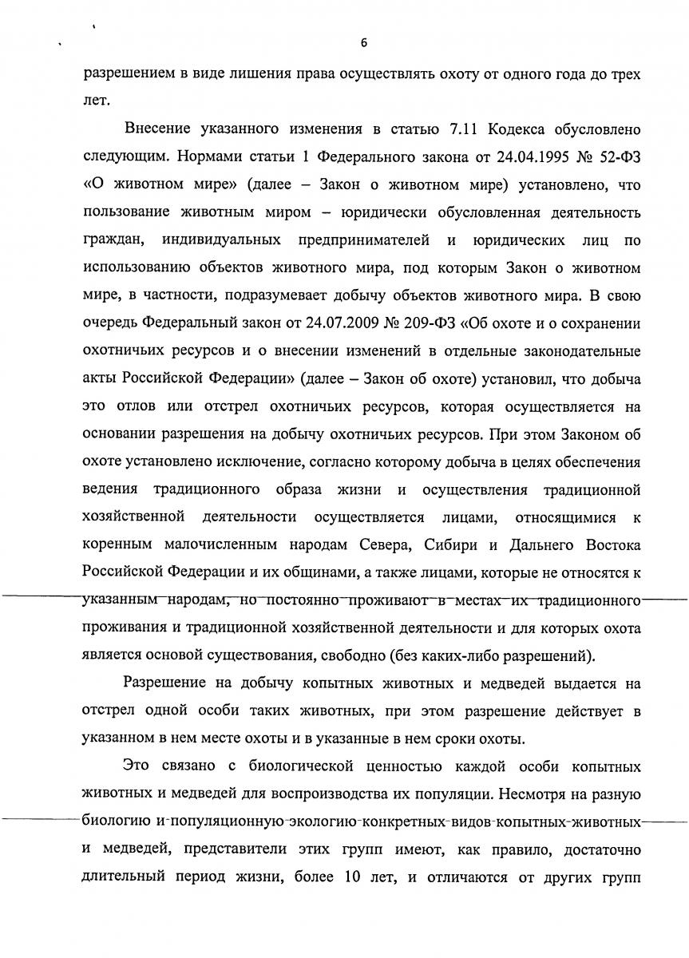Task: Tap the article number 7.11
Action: (450, 129)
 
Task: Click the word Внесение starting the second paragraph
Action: (159, 129)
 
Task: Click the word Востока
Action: (608, 546)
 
